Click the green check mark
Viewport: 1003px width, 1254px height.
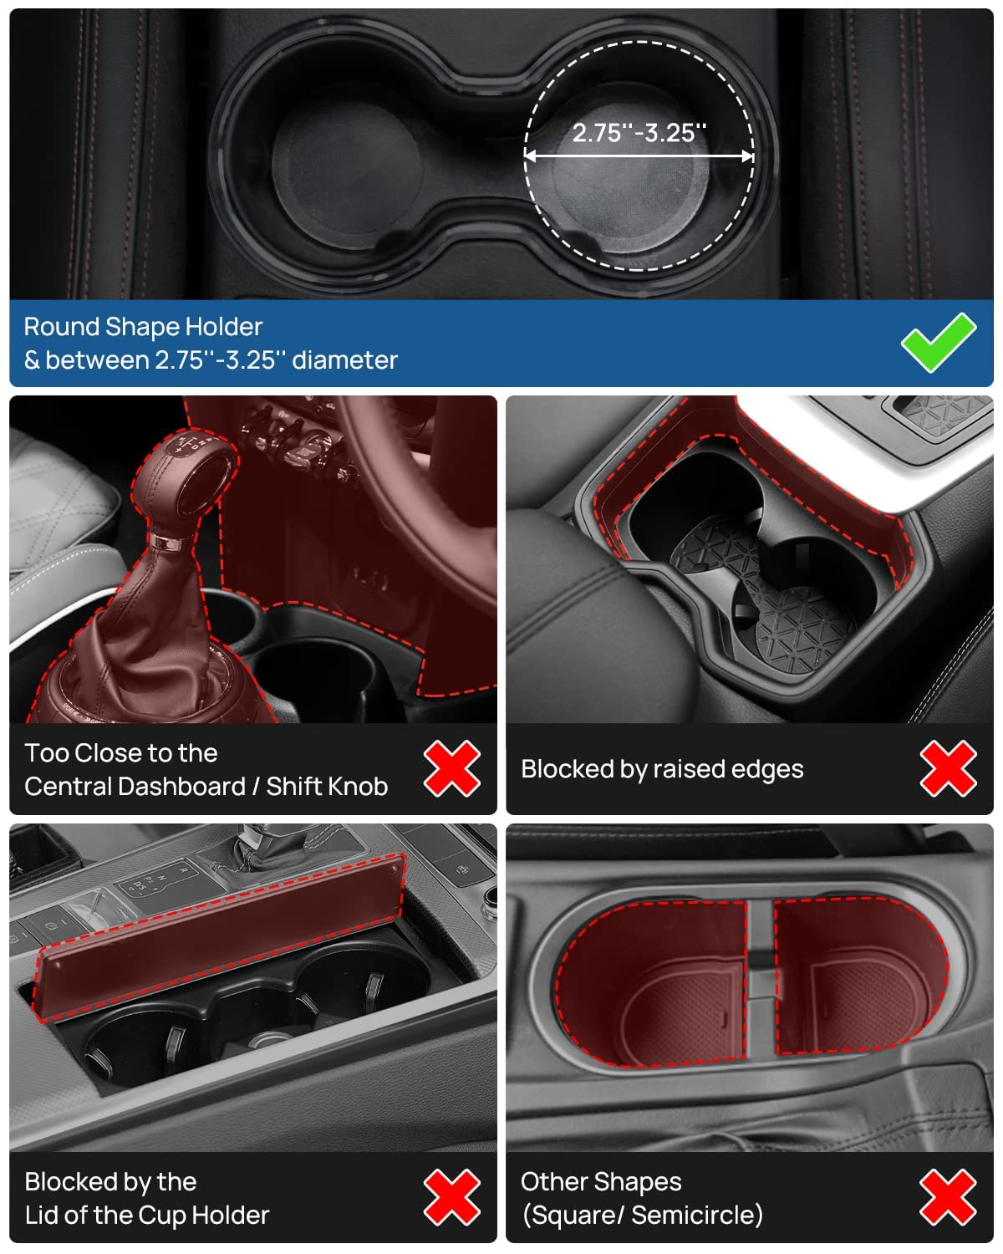(939, 343)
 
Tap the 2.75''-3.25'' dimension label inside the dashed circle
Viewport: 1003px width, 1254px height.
(639, 133)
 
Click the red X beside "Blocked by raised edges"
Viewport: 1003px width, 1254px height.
(948, 768)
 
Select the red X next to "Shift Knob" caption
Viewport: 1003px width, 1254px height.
(452, 768)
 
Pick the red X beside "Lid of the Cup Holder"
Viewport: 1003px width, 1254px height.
(452, 1197)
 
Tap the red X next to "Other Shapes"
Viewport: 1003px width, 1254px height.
(948, 1197)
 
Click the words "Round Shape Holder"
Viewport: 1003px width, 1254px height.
(144, 327)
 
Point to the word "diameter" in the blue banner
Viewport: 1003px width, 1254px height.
(344, 360)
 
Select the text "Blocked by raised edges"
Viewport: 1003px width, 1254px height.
(662, 769)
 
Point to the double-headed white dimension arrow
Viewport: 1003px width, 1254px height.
(639, 156)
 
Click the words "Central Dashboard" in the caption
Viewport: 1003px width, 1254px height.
(135, 787)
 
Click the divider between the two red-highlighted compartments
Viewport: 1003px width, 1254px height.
(761, 979)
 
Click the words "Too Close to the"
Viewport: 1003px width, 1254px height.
(121, 753)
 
